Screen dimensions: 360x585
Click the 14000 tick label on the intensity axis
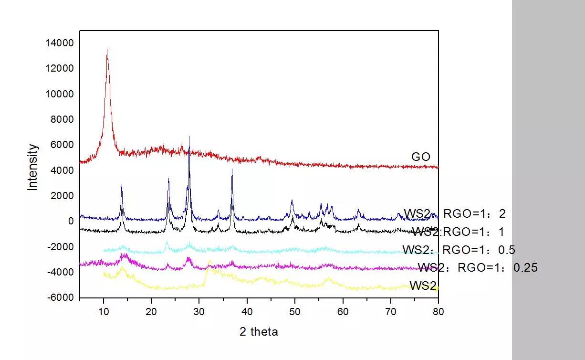[x=60, y=43]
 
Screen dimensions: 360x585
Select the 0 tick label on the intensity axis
[x=71, y=222]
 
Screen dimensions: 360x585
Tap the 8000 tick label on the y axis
[x=63, y=119]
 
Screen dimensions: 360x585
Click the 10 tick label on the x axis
[x=104, y=312]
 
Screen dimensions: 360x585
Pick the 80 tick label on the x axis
[x=438, y=312]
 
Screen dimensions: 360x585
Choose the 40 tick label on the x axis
[x=247, y=312]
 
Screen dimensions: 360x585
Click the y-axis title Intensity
[x=32, y=167]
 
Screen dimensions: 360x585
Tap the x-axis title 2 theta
[x=259, y=331]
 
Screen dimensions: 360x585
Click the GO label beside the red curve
[x=420, y=157]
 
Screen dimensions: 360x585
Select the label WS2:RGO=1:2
[x=454, y=213]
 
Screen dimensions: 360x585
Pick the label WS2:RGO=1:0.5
[x=459, y=250]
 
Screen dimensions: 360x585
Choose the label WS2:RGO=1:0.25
[x=477, y=267]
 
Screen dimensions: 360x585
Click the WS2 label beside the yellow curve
[x=423, y=286]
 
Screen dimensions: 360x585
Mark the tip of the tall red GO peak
[x=107, y=49]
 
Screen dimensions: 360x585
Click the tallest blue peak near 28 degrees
[x=189, y=137]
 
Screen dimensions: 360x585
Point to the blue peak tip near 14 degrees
[x=122, y=184]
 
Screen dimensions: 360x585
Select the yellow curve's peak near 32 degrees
[x=209, y=261]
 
